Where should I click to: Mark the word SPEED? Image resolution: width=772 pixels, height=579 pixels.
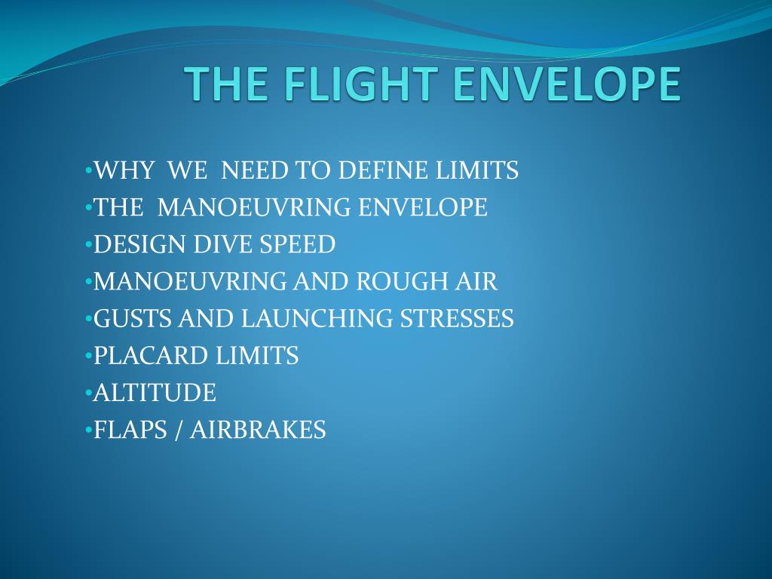pyautogui.click(x=299, y=244)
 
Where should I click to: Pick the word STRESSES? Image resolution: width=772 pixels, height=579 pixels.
pyautogui.click(x=456, y=318)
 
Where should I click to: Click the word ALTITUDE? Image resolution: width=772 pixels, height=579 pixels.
pyautogui.click(x=155, y=392)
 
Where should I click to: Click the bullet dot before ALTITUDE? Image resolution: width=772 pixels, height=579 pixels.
pyautogui.click(x=89, y=392)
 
